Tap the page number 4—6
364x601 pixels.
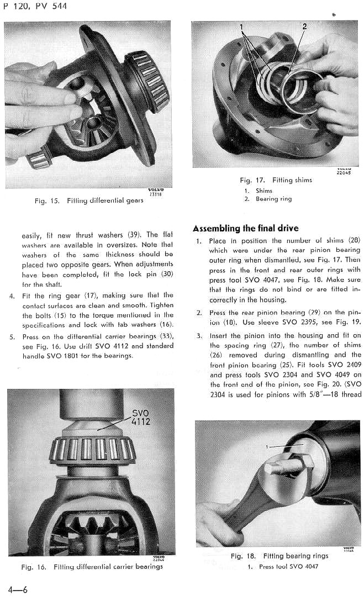(18, 589)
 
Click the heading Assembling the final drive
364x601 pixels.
(246, 229)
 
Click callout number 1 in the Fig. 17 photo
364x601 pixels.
(241, 27)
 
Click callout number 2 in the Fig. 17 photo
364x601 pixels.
(304, 26)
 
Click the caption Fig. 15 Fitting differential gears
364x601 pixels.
(88, 201)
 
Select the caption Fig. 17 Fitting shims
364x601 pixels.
(276, 180)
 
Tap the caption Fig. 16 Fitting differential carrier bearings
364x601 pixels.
(92, 567)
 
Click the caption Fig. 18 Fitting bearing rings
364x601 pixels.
(279, 556)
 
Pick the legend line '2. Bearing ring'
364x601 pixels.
(268, 199)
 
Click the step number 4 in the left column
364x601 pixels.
(12, 296)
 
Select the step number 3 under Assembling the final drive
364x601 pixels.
(199, 336)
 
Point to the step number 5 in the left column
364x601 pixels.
(12, 336)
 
